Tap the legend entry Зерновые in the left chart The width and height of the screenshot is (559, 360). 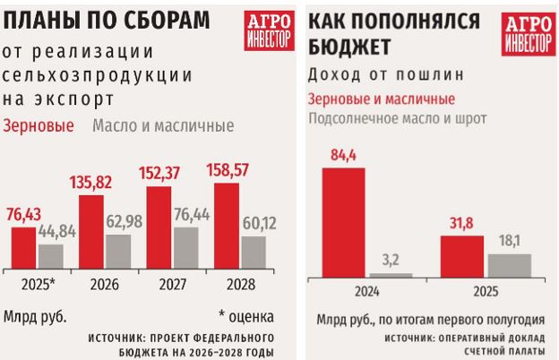pos(39,125)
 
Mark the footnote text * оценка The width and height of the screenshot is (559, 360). pos(245,316)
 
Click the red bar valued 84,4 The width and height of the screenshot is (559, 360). pos(342,221)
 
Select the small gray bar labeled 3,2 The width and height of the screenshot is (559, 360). pos(392,274)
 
